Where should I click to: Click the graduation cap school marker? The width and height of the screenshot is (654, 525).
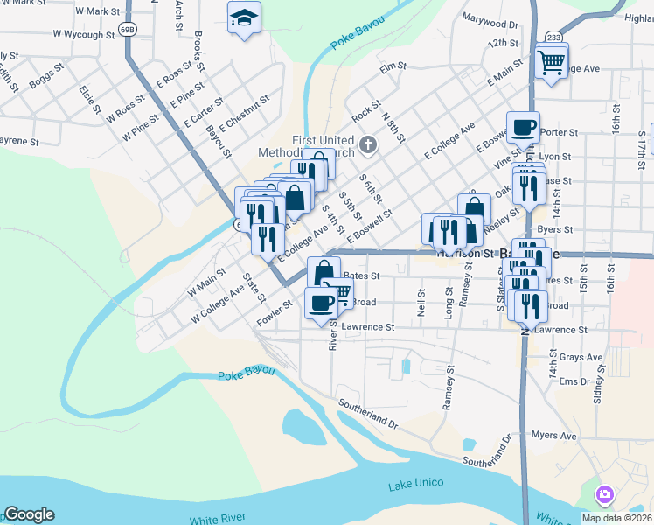(x=244, y=17)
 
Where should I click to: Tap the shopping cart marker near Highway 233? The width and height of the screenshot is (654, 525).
(x=551, y=61)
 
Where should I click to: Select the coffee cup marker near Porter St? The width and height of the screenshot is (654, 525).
(x=523, y=127)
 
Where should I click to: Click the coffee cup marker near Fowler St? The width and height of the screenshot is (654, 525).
(x=321, y=303)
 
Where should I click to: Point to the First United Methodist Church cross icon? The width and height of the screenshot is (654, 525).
(x=368, y=143)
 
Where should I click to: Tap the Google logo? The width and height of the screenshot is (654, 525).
(x=29, y=514)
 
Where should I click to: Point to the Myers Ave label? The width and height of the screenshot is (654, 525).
(x=555, y=436)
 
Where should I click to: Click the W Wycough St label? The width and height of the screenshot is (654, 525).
(x=84, y=36)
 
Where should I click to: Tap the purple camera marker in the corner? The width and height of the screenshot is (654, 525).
(x=604, y=495)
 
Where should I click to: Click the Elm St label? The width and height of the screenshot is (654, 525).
(x=387, y=66)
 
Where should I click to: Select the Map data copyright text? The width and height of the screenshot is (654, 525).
(x=616, y=518)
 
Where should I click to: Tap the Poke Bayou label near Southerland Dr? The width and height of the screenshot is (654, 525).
(x=246, y=374)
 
